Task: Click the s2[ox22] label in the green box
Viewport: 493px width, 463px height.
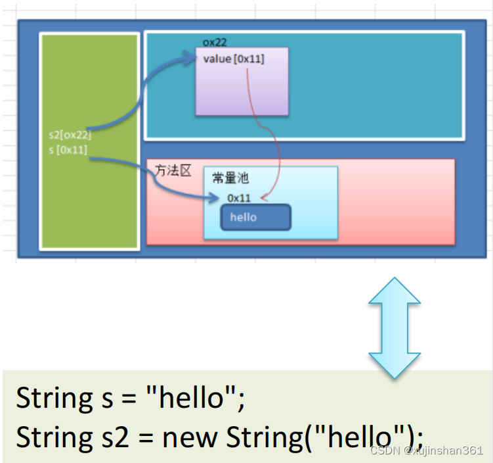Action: coord(70,135)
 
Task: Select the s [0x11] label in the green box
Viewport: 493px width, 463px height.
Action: coord(68,150)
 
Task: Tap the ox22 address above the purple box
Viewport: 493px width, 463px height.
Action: coord(215,43)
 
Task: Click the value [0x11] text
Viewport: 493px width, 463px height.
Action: coord(234,59)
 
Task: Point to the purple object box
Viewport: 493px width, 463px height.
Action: coord(242,89)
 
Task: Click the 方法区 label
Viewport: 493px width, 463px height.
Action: coord(173,171)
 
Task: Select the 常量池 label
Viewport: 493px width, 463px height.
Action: coord(230,178)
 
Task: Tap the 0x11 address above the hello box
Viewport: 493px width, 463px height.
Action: coord(239,197)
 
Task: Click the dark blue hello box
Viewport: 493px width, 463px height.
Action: coord(255,218)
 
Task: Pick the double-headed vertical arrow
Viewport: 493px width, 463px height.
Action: coord(394,327)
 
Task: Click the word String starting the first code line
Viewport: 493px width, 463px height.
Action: coord(56,399)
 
